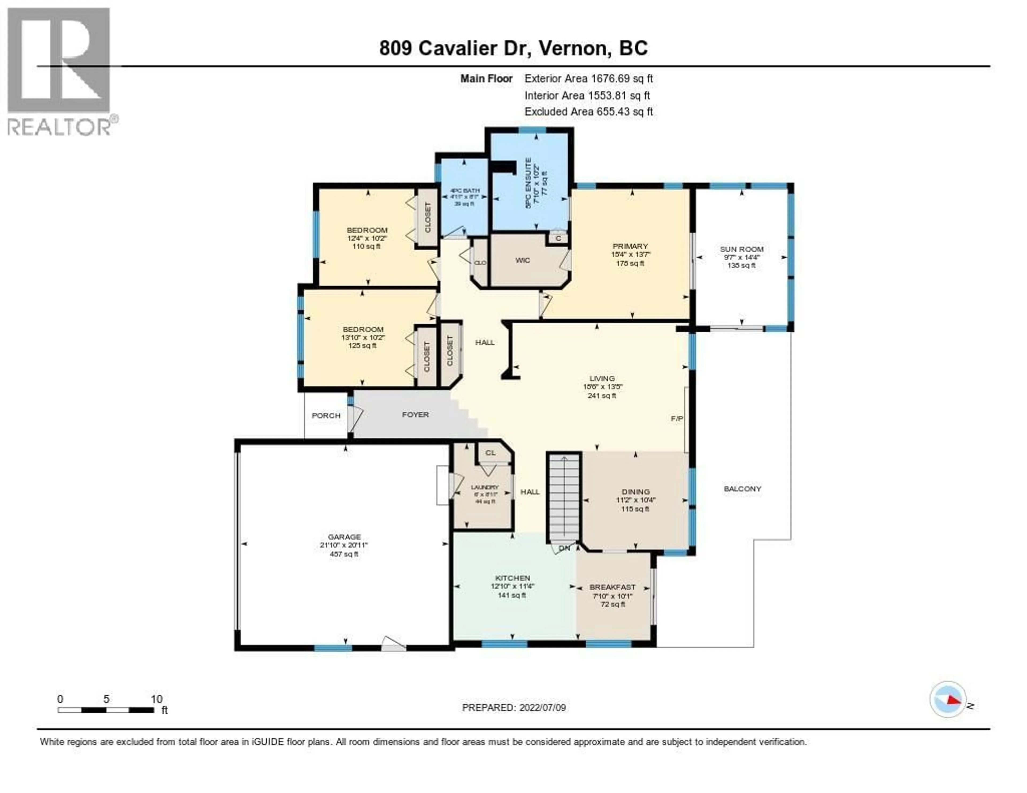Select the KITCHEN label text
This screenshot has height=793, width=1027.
pos(512,578)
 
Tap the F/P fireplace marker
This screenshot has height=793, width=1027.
pos(677,418)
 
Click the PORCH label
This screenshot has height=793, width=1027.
pos(326,415)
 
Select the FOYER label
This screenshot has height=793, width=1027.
pos(415,415)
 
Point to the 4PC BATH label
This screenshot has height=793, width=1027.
pos(465,190)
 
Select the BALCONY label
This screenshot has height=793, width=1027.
pos(742,489)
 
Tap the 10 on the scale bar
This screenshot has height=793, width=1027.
pos(156,699)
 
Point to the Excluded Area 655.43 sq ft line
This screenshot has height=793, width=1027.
pos(588,112)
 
